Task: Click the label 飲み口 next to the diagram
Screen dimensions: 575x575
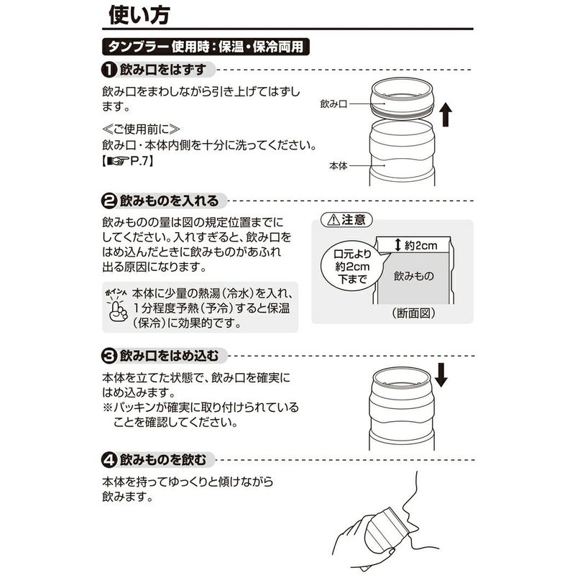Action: click(x=334, y=104)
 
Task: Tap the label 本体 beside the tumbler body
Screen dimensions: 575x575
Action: click(x=338, y=165)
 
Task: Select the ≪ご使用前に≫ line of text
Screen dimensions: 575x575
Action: click(x=141, y=129)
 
